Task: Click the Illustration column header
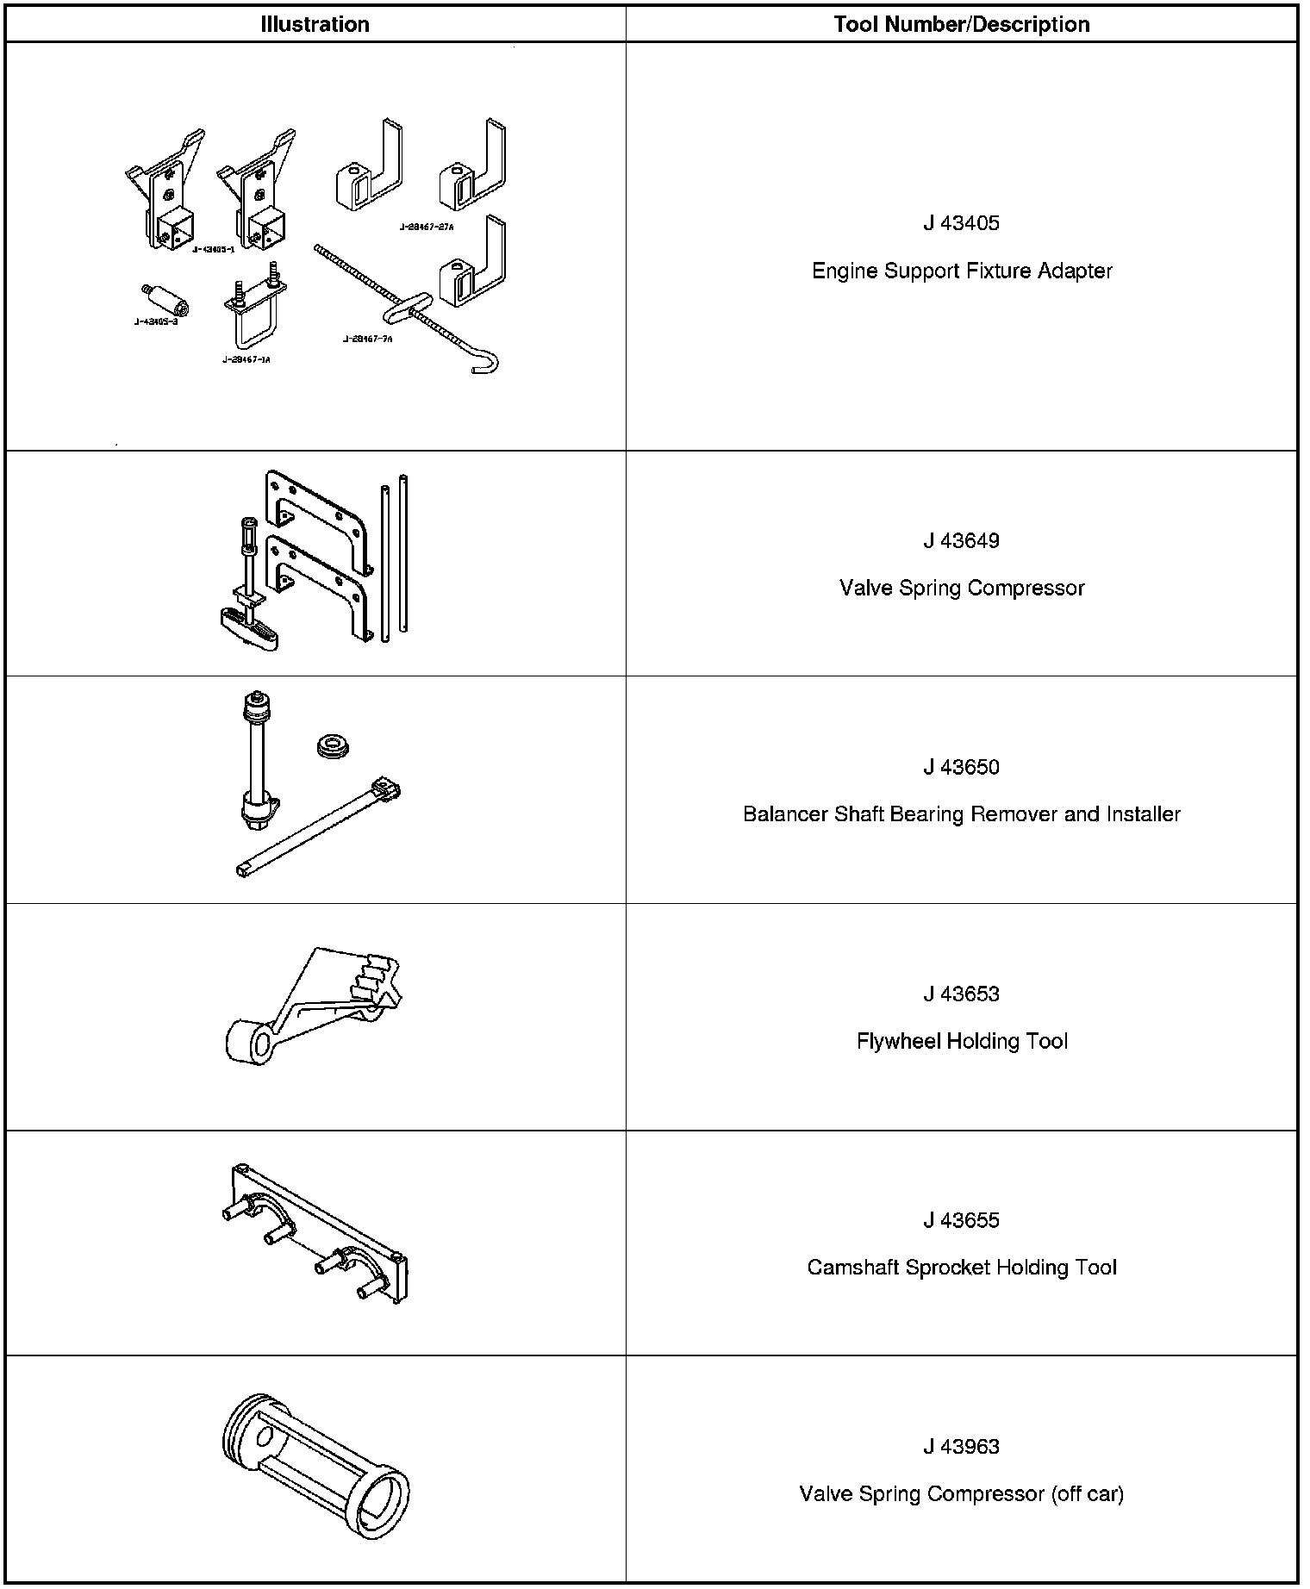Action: click(315, 24)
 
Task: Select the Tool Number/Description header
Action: click(961, 24)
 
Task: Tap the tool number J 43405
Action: click(961, 223)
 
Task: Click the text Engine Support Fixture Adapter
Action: click(961, 271)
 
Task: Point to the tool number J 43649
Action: click(961, 540)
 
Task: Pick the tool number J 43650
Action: click(961, 767)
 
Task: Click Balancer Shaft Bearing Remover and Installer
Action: click(961, 814)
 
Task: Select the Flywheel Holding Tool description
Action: click(961, 1041)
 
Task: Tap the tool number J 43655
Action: click(961, 1220)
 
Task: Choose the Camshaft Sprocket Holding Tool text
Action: click(961, 1268)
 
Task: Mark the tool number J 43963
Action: click(961, 1446)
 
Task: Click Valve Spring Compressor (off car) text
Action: click(961, 1493)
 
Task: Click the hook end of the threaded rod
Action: click(488, 363)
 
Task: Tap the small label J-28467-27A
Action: click(426, 227)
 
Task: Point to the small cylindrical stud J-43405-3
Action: click(165, 297)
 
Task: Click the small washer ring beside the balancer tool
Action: click(334, 746)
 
